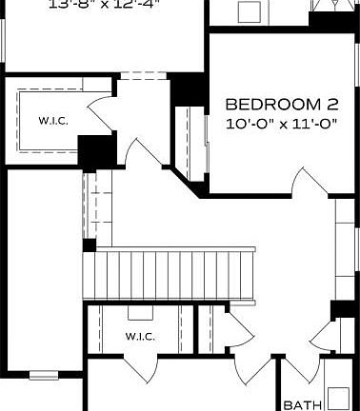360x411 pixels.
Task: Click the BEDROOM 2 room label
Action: [x=275, y=104]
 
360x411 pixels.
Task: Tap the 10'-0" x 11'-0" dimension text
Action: [x=275, y=124]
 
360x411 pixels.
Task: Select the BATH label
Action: [x=302, y=404]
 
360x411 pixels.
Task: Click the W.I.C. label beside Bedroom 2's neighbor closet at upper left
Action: [x=51, y=121]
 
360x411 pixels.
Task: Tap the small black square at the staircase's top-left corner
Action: [x=89, y=245]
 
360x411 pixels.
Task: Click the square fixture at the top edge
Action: [x=250, y=11]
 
